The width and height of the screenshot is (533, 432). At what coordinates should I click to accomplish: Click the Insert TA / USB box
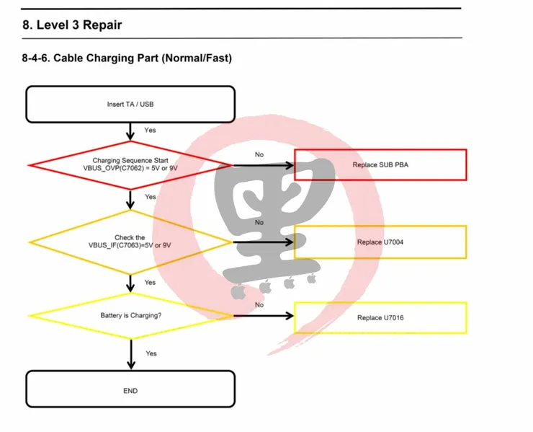(x=130, y=104)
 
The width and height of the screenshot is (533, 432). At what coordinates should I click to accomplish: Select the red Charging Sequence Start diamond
(x=130, y=164)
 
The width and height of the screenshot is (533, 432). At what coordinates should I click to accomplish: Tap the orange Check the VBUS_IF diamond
(x=130, y=242)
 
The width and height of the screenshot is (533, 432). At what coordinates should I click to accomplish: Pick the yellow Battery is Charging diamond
(x=130, y=316)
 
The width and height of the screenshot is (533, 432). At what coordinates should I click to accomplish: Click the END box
(x=130, y=390)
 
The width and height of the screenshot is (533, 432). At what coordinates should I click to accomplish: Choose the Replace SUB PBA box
(x=380, y=165)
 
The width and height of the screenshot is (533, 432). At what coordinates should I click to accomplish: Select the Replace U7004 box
(x=380, y=242)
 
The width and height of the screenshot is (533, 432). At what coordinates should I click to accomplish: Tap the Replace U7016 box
(x=380, y=317)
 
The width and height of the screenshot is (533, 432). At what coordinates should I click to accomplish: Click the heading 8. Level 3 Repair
(x=72, y=25)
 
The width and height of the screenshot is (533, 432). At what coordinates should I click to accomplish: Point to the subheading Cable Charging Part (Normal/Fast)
(x=144, y=58)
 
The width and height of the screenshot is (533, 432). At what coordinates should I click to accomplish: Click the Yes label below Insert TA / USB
(x=150, y=131)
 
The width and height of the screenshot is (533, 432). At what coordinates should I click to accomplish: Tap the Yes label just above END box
(x=151, y=353)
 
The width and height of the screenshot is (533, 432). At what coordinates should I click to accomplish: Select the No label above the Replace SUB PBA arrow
(x=259, y=154)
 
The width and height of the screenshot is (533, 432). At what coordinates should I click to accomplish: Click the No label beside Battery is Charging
(x=259, y=305)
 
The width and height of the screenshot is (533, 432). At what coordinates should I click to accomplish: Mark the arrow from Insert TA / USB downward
(x=130, y=131)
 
